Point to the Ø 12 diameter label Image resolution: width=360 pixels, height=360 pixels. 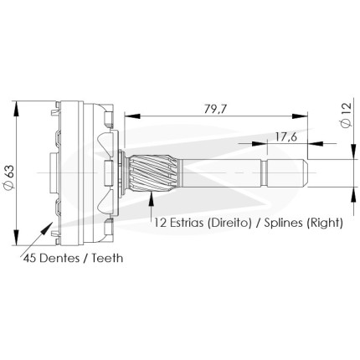tap(346, 115)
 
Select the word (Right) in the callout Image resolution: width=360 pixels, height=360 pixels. tap(324, 224)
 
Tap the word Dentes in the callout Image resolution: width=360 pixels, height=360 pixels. tap(59, 258)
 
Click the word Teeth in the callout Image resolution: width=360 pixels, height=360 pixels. tap(107, 258)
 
